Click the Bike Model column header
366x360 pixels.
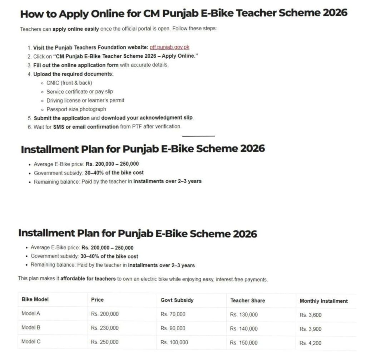click(x=35, y=300)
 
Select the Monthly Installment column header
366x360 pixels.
click(x=323, y=301)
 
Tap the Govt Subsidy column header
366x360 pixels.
click(x=177, y=300)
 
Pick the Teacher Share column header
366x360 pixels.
click(x=248, y=301)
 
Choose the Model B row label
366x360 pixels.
click(x=31, y=327)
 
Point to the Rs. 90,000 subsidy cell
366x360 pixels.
click(x=173, y=328)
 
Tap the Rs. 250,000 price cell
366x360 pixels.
click(x=105, y=342)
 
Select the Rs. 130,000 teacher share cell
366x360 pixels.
click(x=244, y=315)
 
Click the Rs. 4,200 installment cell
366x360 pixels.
click(x=310, y=343)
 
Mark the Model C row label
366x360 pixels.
click(x=31, y=341)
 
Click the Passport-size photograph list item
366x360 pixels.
click(x=76, y=109)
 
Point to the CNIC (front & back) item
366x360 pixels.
click(x=69, y=83)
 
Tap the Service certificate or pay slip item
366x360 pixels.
click(x=80, y=92)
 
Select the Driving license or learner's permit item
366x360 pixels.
click(x=85, y=101)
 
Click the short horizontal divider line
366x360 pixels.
click(x=198, y=136)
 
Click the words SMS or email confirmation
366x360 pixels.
click(x=85, y=127)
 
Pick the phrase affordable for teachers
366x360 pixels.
click(x=88, y=279)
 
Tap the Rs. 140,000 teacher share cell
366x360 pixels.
click(x=244, y=329)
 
